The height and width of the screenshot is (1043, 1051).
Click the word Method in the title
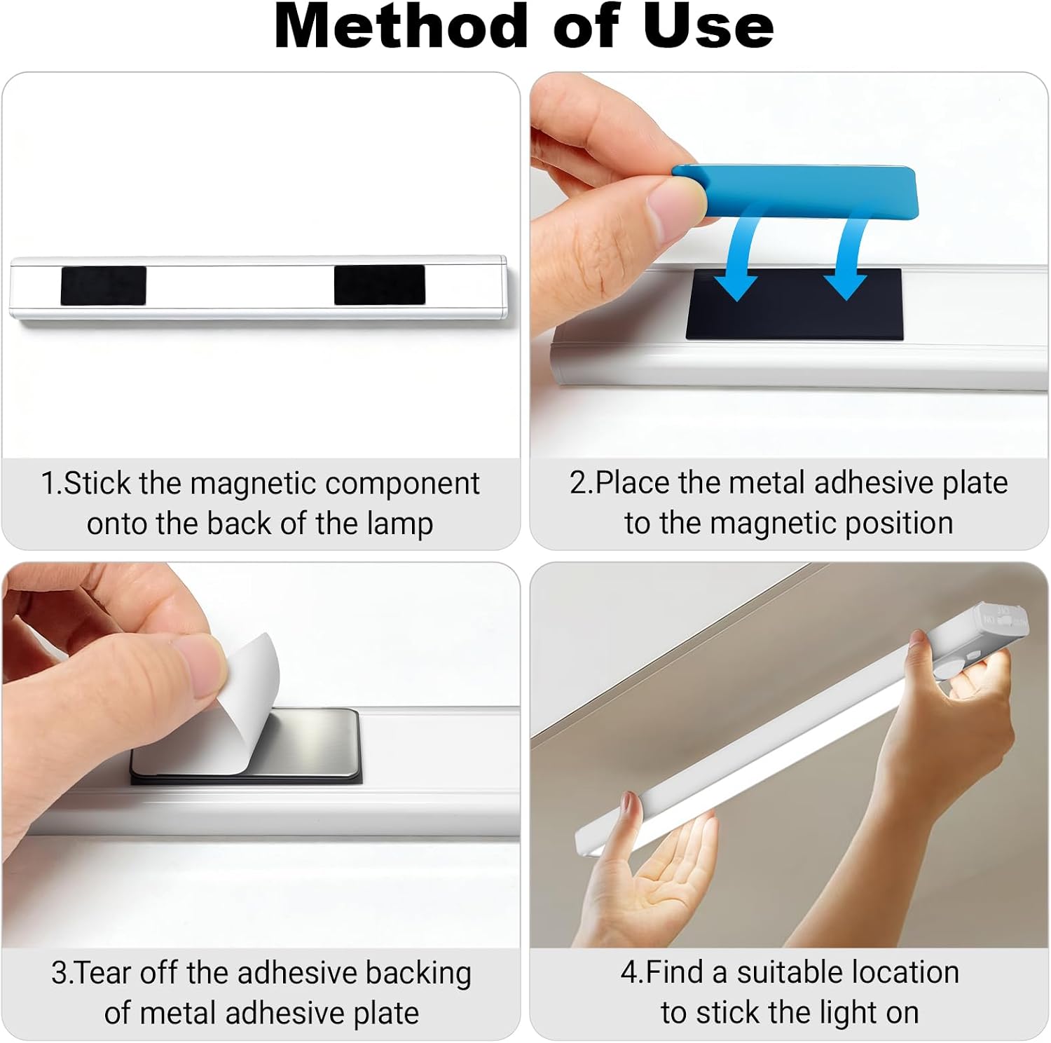coord(400,26)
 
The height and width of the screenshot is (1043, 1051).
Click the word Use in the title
coord(709,26)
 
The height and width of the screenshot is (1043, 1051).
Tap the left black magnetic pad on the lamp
coord(103,285)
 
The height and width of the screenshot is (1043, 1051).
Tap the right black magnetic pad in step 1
coord(379,285)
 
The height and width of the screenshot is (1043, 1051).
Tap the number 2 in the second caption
coord(577,483)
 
